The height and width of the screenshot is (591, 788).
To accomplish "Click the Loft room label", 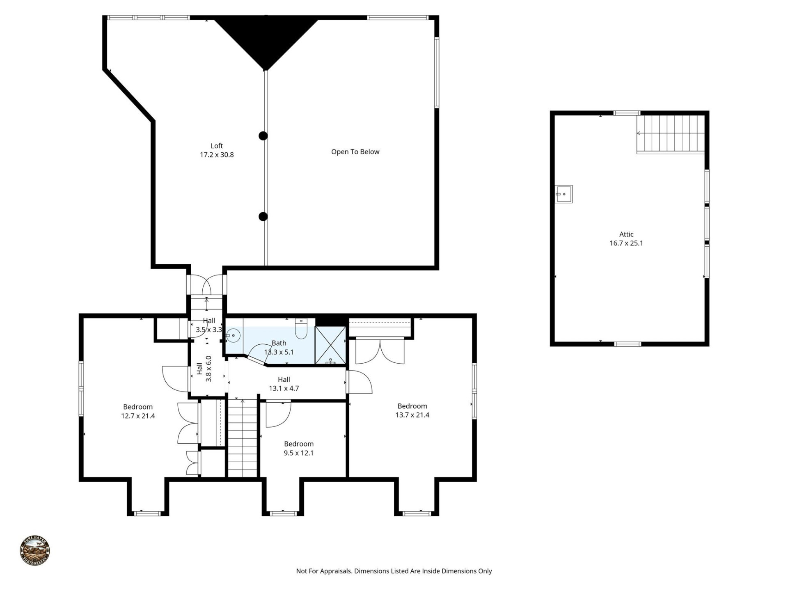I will [217, 146].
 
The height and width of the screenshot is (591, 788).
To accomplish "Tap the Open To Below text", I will [355, 152].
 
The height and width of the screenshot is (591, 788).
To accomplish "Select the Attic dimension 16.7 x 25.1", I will [626, 243].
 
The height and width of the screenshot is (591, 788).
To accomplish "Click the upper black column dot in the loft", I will [263, 136].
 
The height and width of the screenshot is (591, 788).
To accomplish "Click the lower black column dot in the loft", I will [263, 216].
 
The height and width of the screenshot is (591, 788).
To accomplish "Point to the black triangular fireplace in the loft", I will [266, 39].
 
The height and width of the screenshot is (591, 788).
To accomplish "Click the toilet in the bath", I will [301, 330].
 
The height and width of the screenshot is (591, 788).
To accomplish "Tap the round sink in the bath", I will [233, 336].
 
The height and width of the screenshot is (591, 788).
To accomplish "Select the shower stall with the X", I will [330, 345].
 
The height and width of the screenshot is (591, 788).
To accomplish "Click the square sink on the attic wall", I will [564, 194].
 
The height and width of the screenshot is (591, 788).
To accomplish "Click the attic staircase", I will [670, 134].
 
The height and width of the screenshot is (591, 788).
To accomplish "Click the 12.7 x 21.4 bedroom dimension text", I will [138, 416].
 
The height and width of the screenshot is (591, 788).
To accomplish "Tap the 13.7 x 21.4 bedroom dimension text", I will [412, 415].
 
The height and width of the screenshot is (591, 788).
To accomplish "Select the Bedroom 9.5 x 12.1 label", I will [299, 448].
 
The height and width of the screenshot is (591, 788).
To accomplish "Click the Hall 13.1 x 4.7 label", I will [284, 384].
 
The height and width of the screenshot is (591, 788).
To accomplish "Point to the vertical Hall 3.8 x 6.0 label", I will [204, 369].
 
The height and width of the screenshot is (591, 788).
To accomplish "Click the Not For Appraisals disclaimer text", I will [394, 571].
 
